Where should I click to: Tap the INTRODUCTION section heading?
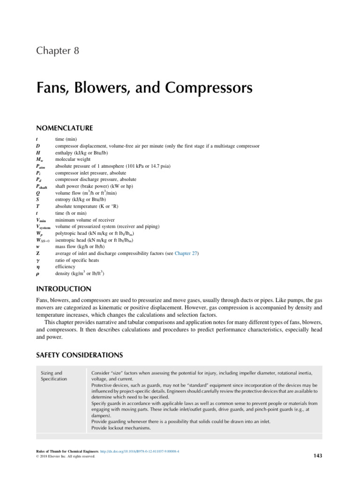click(64, 288)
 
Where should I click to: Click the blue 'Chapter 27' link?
click(187, 254)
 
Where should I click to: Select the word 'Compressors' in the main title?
click(202, 88)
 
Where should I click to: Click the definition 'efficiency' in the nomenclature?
click(65, 267)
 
